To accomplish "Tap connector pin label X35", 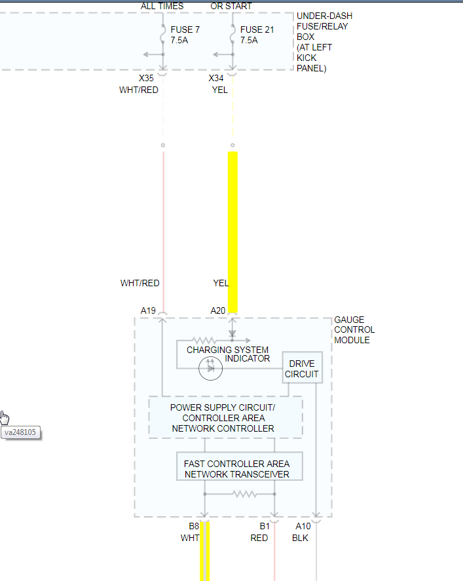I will click(x=146, y=79).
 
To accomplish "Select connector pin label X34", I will click(x=216, y=79).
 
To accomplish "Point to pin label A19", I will click(x=148, y=310).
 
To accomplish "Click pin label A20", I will click(x=217, y=310).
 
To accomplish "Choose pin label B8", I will click(x=194, y=527).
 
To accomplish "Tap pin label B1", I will click(x=264, y=527).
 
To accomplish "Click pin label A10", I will click(x=303, y=527).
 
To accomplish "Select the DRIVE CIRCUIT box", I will click(x=302, y=369).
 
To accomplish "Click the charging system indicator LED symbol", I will click(x=211, y=368).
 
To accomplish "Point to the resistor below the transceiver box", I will click(x=243, y=494).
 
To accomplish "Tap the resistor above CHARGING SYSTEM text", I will click(x=203, y=341).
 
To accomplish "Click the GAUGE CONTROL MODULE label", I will click(x=354, y=330).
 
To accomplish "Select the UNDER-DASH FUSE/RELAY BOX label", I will click(x=324, y=42).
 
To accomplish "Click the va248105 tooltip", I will click(x=20, y=432).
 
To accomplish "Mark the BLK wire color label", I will click(x=300, y=538).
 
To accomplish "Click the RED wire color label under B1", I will click(x=259, y=538).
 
